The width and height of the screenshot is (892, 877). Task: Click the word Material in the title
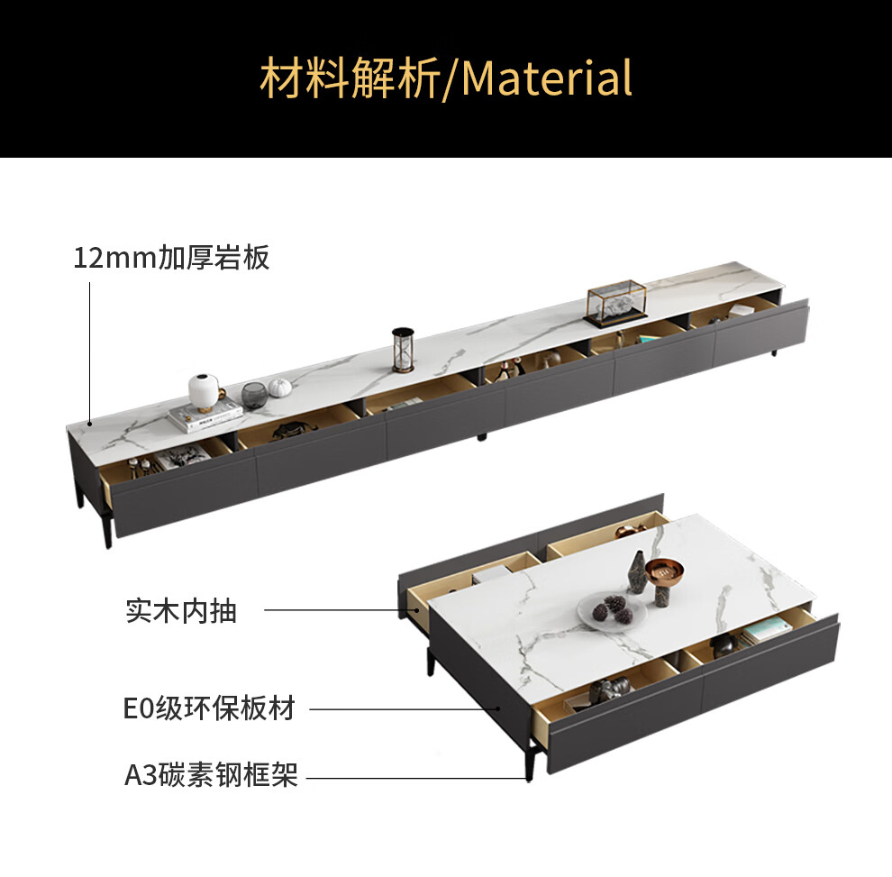[x=547, y=78]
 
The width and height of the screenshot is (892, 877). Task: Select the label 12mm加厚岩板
[x=171, y=258]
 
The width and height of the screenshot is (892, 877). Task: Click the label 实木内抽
[x=180, y=611]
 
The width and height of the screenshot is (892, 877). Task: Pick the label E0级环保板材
[x=209, y=708]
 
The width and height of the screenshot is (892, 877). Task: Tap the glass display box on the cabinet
[x=617, y=302]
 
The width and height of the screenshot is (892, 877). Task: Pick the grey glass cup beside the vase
[x=254, y=395]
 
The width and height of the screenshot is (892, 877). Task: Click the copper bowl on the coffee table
[x=665, y=571]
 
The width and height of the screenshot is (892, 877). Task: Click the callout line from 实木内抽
[x=333, y=611]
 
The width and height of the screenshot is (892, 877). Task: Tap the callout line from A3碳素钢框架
[x=414, y=777]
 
